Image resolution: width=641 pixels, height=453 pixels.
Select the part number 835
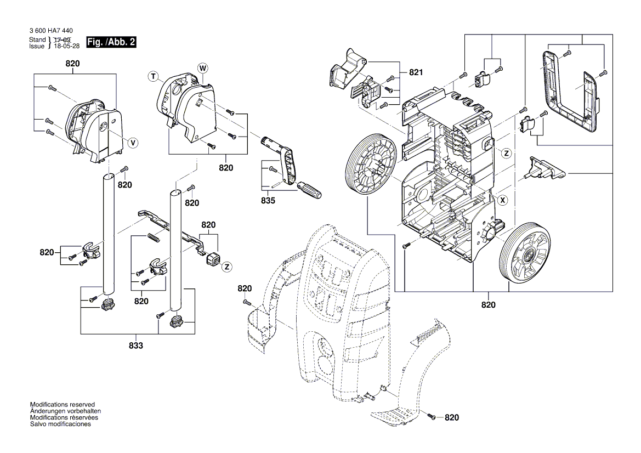pos(268,201)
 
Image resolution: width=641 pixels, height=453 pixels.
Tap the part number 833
pos(136,346)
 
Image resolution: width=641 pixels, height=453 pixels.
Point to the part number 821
pos(417,72)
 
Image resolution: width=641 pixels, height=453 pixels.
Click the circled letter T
pos(153,77)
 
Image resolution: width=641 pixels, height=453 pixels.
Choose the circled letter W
pos(202,68)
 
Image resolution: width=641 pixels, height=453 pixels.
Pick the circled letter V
pos(132,143)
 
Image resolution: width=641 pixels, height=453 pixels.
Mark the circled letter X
pos(501,201)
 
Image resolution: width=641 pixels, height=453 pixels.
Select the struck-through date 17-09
pos(63,40)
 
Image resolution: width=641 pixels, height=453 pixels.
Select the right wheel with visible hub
pos(525,252)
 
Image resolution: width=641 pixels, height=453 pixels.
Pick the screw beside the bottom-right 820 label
pos(431,417)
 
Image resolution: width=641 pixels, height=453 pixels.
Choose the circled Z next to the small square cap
pos(226,266)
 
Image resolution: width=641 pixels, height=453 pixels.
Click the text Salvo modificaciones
pos(60,424)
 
